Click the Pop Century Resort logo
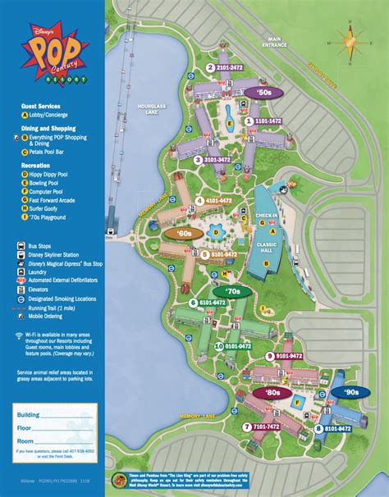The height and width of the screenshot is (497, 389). pos(53,53)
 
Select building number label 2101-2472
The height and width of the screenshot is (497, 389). pos(227,68)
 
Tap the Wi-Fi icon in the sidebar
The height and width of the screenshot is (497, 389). pos(19,337)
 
